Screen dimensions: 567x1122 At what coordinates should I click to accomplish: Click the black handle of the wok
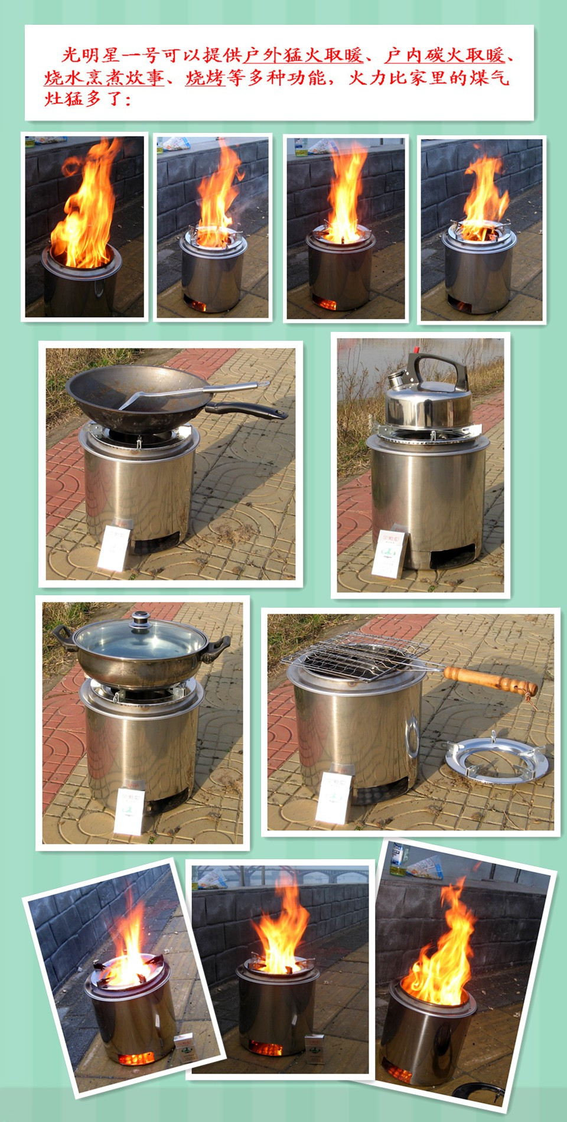[248, 409]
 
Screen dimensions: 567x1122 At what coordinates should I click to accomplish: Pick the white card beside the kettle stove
[389, 553]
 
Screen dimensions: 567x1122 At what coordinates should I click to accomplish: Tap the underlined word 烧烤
[205, 77]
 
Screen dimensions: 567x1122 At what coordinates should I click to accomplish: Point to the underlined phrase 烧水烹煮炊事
[104, 77]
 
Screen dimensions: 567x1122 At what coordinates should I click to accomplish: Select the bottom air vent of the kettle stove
[452, 556]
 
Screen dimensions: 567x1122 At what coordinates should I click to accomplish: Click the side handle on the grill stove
[412, 733]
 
